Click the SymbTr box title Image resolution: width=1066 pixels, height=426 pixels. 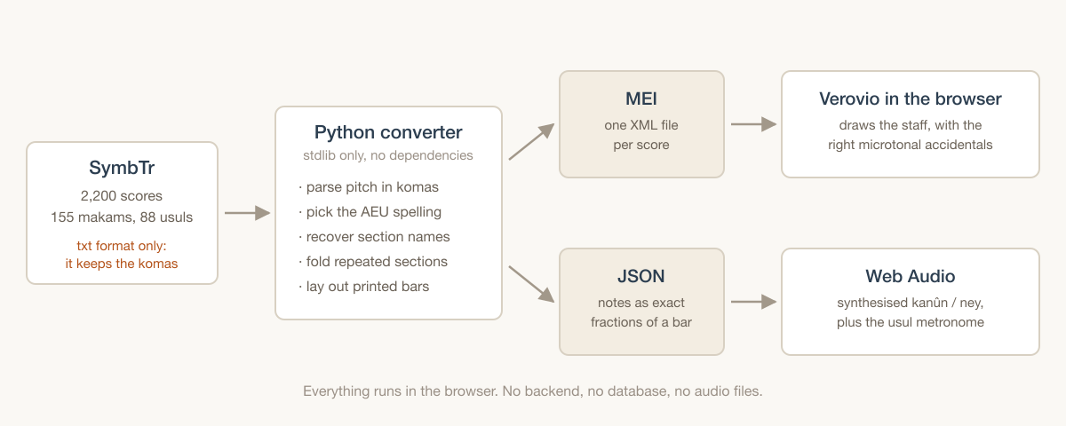[122, 168]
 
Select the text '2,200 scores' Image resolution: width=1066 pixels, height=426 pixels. [122, 196]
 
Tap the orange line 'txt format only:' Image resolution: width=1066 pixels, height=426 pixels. [122, 246]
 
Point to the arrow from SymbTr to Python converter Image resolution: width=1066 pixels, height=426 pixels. [248, 213]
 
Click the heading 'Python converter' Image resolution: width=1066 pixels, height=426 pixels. [388, 132]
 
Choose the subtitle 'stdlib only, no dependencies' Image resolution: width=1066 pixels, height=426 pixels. [388, 155]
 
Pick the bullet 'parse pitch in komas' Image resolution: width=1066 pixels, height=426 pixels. [369, 187]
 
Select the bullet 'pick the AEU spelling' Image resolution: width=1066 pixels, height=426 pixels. [370, 212]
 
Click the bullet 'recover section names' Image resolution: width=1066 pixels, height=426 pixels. [375, 237]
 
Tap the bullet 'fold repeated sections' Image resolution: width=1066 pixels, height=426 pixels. [373, 262]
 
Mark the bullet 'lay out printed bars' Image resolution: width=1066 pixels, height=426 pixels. [364, 286]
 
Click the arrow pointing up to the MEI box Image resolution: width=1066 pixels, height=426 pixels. [531, 142]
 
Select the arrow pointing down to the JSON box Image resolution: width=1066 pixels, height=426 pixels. [531, 284]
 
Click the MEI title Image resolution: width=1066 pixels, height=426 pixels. [641, 99]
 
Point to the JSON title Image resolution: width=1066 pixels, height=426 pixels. [641, 276]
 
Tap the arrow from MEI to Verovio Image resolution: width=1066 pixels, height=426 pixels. [754, 124]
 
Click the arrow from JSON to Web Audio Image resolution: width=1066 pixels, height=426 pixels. [754, 302]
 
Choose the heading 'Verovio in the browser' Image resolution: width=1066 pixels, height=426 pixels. [911, 99]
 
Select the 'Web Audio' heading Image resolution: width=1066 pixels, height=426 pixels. [911, 276]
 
